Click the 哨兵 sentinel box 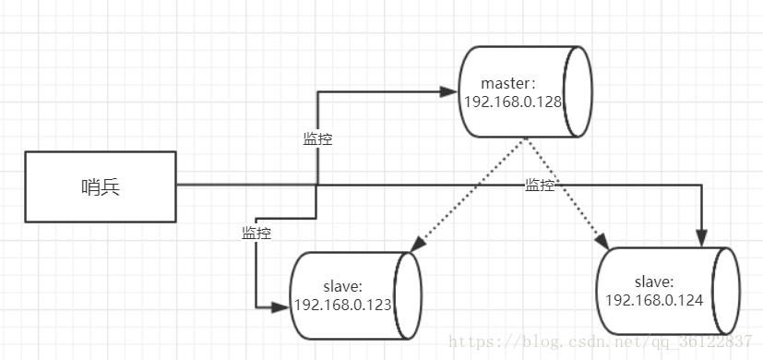coord(101,187)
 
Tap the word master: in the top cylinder coord(507,83)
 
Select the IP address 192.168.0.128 coord(513,102)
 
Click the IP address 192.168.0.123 coord(343,305)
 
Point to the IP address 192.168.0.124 coord(654,300)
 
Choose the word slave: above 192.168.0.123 coord(343,286)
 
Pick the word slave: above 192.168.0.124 coord(654,282)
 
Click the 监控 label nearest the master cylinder coord(317,139)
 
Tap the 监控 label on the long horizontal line coord(540,186)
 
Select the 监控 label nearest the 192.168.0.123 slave coord(256,234)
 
